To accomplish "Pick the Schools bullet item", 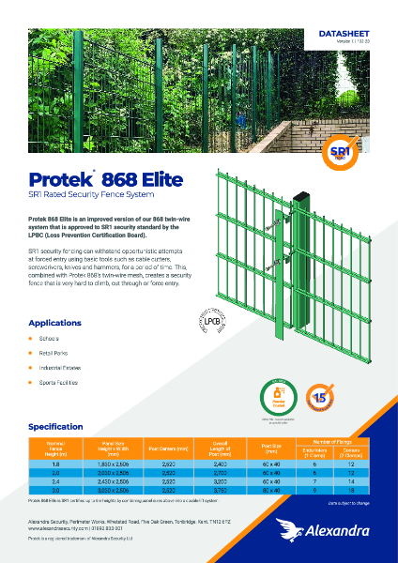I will tap(50, 337).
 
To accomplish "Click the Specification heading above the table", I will tap(63, 426).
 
